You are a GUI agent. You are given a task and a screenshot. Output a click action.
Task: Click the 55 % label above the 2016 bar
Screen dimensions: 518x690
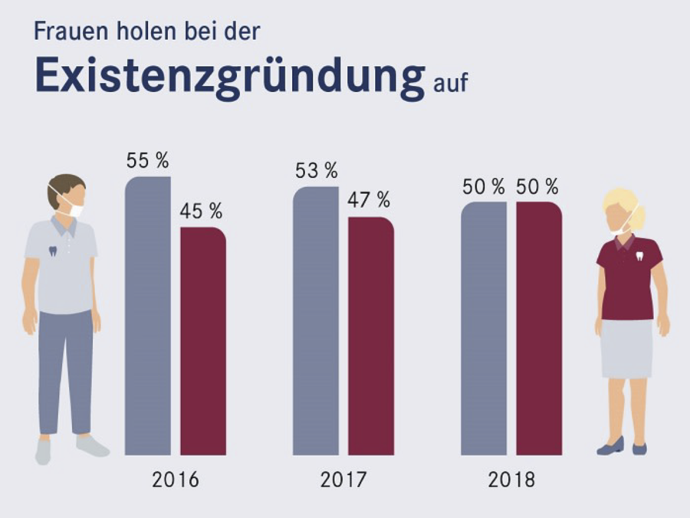coord(147,162)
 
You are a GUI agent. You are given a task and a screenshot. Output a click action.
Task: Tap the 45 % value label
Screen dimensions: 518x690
coord(202,211)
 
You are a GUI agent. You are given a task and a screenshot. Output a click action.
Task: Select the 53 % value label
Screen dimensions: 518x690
coord(316,172)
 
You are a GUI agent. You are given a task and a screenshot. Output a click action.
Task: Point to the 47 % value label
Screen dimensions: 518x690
coord(370,201)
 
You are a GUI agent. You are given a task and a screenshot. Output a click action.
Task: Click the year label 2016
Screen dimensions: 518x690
coord(175,480)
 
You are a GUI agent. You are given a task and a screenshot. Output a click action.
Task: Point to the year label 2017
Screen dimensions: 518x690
coord(343,480)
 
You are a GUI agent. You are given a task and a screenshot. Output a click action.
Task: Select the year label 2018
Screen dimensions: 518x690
coord(511,480)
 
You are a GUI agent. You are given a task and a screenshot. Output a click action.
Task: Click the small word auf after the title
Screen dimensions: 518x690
coord(450,82)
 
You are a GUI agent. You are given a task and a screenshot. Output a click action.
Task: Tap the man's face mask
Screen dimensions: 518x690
coord(74,205)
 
